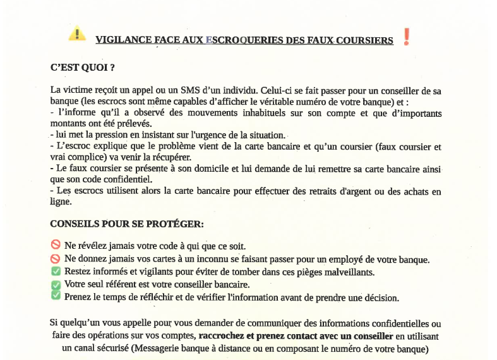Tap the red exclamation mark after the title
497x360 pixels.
click(406, 37)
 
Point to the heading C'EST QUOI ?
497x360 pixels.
click(82, 67)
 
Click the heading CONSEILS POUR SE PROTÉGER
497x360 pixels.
click(127, 224)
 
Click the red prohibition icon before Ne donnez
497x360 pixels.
click(56, 259)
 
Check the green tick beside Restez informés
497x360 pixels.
click(56, 272)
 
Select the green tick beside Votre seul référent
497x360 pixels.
click(56, 284)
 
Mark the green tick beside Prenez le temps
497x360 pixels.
click(56, 296)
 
